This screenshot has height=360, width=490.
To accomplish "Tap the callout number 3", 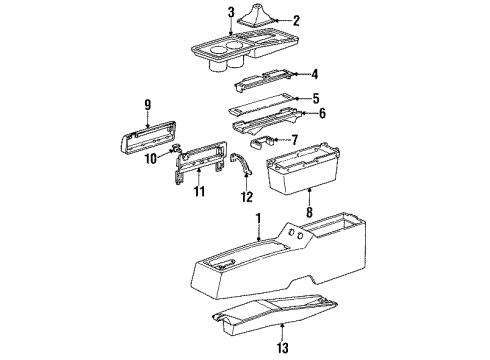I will [231, 13].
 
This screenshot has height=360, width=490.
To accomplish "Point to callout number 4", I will [313, 73].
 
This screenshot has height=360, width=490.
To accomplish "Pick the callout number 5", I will [314, 98].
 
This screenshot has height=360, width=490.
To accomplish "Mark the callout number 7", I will [294, 138].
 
